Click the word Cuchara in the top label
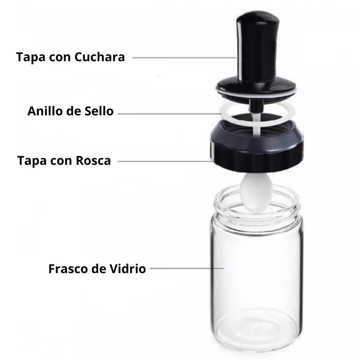(x=99, y=57)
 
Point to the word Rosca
(x=94, y=161)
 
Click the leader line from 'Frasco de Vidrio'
(x=187, y=268)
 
